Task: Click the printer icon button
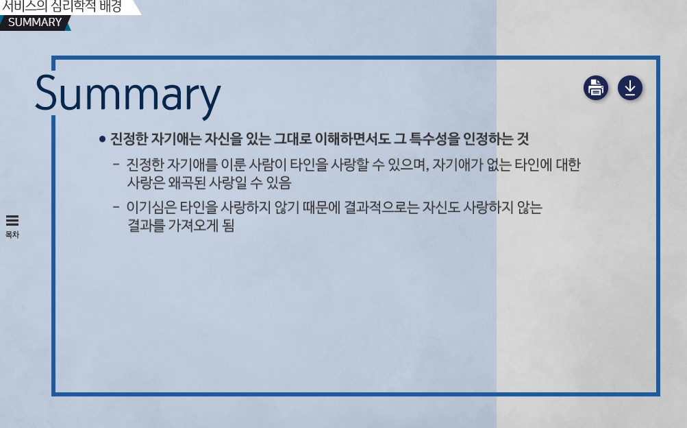point(595,88)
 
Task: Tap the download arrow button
point(630,88)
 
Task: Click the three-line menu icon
point(12,220)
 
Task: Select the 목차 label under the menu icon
point(12,235)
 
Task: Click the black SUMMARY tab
point(35,23)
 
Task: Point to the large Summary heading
point(128,94)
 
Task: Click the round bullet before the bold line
point(103,139)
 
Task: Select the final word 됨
point(228,226)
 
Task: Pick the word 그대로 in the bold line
point(292,139)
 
